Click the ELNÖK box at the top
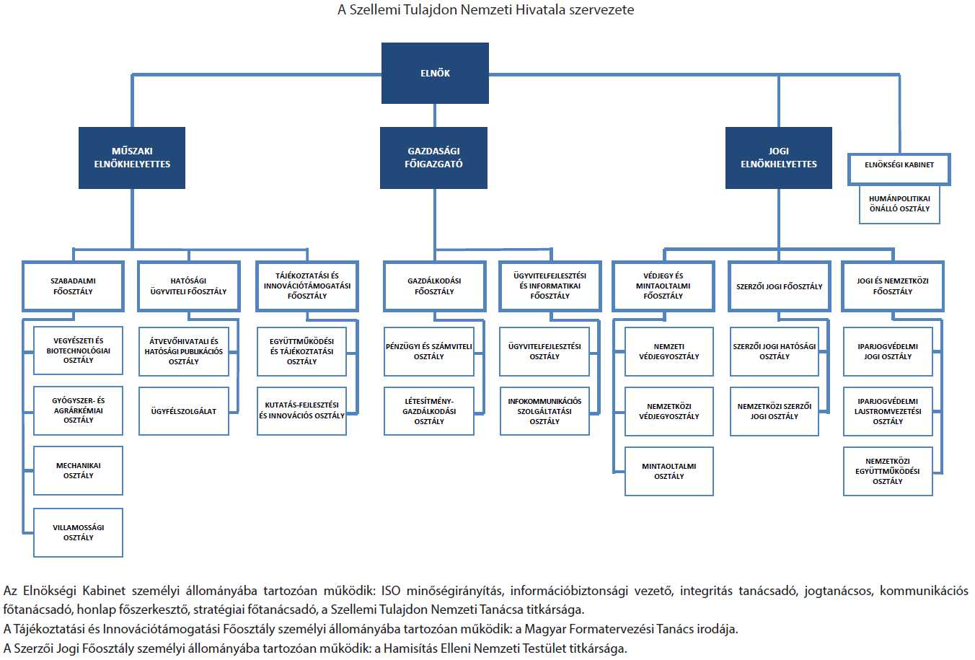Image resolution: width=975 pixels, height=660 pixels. pos(435,73)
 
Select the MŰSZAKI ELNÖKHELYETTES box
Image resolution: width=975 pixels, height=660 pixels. pos(132,157)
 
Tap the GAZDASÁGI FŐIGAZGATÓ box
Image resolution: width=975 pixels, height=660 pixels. pos(433,157)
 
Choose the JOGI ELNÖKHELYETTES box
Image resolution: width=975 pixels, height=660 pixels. pos(779,157)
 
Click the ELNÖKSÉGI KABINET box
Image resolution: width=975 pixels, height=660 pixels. pos(899,169)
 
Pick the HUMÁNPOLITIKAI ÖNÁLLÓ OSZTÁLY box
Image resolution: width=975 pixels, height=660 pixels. pos(899,204)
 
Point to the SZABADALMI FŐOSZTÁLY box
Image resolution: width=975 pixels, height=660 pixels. pos(73,286)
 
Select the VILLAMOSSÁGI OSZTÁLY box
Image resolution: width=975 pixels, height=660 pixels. pos(79,532)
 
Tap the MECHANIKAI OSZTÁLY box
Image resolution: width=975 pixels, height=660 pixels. pos(79,470)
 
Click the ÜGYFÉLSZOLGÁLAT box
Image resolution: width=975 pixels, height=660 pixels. pos(184,411)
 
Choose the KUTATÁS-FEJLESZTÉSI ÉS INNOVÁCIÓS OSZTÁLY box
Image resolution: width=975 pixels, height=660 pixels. pos(301,411)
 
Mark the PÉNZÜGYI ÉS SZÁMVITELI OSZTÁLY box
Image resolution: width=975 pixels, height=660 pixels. pos(429,352)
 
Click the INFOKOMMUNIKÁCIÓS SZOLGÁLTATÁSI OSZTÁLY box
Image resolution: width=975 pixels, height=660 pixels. pos(544,411)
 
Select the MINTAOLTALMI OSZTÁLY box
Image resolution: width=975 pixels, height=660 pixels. pos(669,472)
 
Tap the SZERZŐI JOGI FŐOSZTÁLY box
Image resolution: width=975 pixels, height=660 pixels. pos(780,286)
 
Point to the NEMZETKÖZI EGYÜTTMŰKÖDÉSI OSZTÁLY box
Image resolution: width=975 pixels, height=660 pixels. pos(888,472)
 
